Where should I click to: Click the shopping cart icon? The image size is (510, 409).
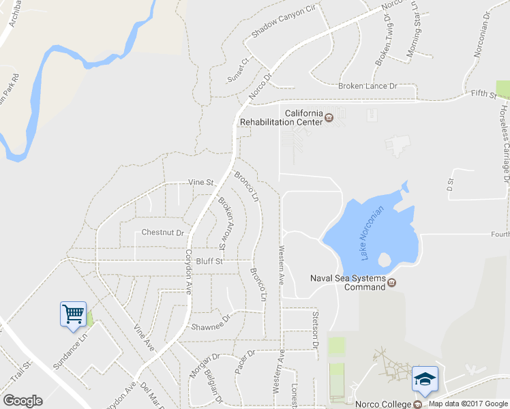73,314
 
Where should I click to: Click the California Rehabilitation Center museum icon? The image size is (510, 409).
329,117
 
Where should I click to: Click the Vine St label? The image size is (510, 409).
201,183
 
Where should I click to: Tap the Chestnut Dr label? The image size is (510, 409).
163,232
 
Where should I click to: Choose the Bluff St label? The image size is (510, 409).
210,261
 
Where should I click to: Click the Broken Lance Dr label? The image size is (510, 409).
367,87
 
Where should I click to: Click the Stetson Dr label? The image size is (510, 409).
316,328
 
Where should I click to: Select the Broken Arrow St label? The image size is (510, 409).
226,223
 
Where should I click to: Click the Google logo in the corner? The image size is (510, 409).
22,401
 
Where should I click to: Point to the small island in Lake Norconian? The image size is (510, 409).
382,260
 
